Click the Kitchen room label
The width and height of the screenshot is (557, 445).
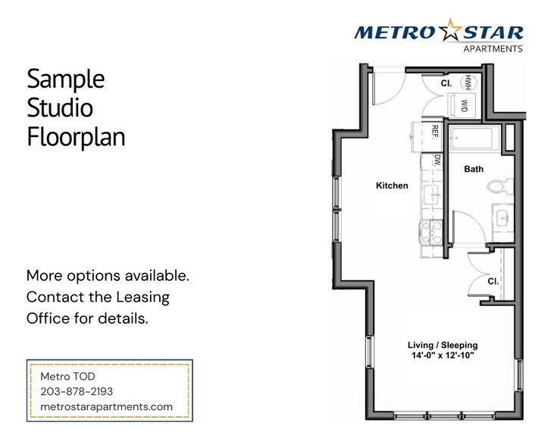(x=393, y=185)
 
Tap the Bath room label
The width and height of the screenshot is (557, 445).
(x=474, y=170)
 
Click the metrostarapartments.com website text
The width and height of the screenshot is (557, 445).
(x=106, y=406)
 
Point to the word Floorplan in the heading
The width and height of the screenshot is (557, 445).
(x=76, y=138)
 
